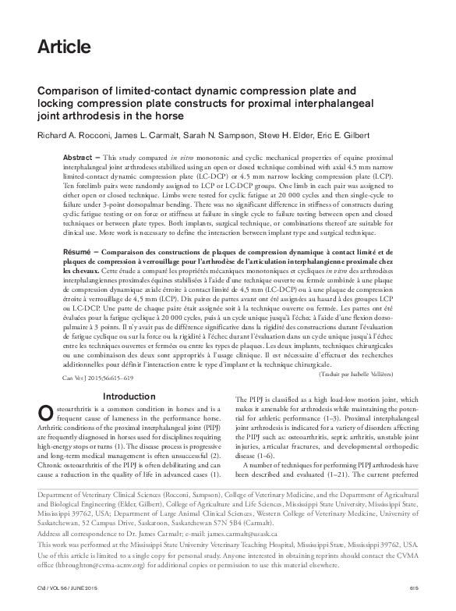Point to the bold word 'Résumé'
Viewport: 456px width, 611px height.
(80, 255)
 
